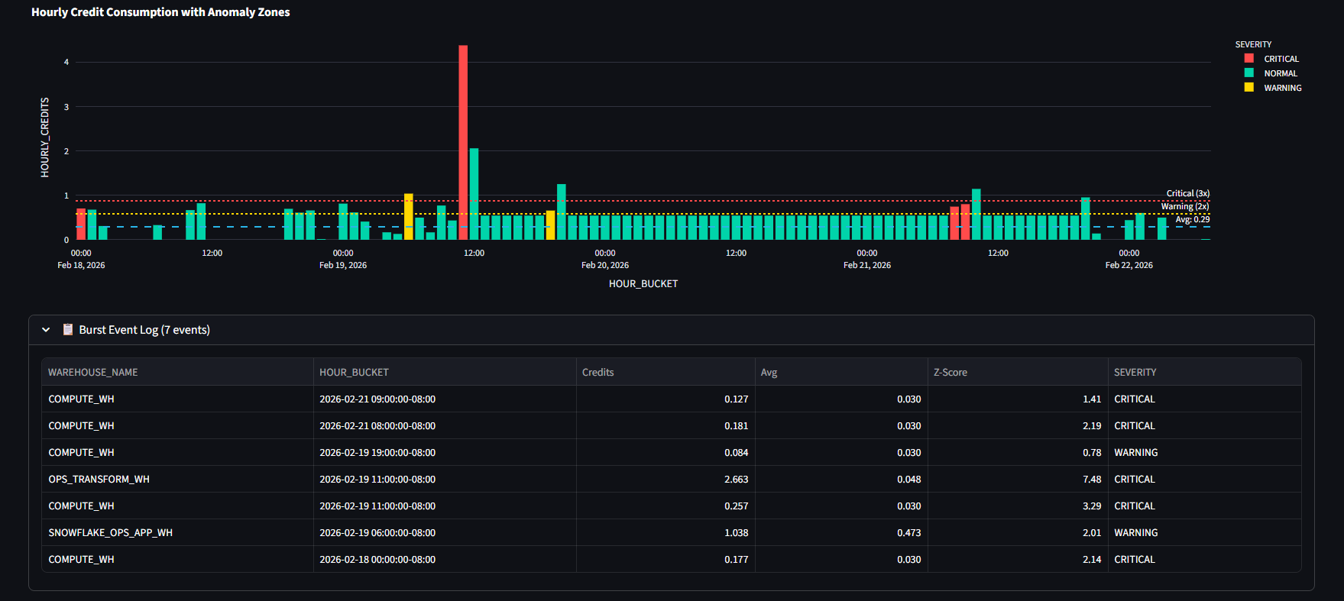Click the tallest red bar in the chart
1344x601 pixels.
pyautogui.click(x=463, y=142)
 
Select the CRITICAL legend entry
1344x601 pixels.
pyautogui.click(x=1281, y=59)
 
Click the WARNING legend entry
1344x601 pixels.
pyautogui.click(x=1282, y=88)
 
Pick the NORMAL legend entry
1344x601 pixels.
pyautogui.click(x=1280, y=73)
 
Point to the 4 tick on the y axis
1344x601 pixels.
pyautogui.click(x=66, y=62)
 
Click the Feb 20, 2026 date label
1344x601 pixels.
pyautogui.click(x=605, y=265)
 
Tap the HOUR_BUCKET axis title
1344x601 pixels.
pyautogui.click(x=643, y=283)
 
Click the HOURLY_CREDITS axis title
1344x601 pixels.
pyautogui.click(x=44, y=137)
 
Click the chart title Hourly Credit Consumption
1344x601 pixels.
pyautogui.click(x=160, y=12)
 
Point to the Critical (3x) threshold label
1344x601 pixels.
pyautogui.click(x=1187, y=193)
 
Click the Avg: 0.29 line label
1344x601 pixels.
pyautogui.click(x=1192, y=219)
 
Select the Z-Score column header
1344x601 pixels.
pyautogui.click(x=951, y=372)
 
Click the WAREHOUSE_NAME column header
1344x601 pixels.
pyautogui.click(x=93, y=372)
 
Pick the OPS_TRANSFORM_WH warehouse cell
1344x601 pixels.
pyautogui.click(x=99, y=479)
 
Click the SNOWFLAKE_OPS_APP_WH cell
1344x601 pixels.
pyautogui.click(x=111, y=532)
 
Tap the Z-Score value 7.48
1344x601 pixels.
pyautogui.click(x=1092, y=479)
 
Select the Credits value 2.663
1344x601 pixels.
pyautogui.click(x=736, y=479)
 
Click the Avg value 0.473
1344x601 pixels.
pyautogui.click(x=908, y=532)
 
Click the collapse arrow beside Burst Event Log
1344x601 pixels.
pyautogui.click(x=46, y=330)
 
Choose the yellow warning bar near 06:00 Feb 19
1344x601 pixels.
pyautogui.click(x=409, y=217)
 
